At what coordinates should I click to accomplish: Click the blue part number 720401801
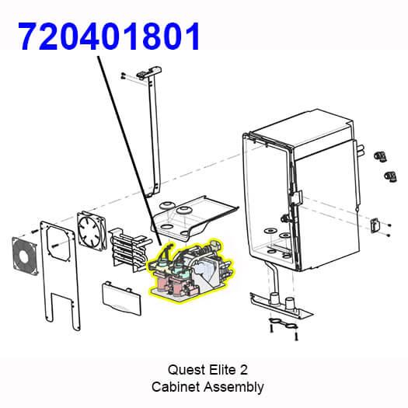click(109, 36)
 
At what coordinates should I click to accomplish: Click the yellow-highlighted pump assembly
click(191, 270)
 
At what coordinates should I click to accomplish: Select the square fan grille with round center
click(25, 256)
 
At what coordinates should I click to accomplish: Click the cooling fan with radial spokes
click(92, 231)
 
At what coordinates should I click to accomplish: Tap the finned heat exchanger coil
click(129, 249)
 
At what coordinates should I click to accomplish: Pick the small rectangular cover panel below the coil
click(121, 298)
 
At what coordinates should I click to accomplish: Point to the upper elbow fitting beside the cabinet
click(380, 156)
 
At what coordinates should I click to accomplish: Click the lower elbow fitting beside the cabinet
click(391, 176)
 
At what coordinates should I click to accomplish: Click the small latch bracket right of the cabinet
click(375, 225)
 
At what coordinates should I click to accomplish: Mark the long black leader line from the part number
click(129, 151)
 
